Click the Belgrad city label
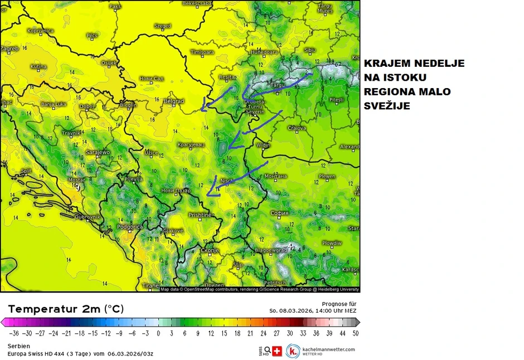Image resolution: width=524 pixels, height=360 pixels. [174, 101]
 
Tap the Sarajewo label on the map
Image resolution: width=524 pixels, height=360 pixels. [98, 152]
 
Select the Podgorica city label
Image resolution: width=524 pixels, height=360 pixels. [130, 227]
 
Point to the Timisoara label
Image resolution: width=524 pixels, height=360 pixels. [202, 52]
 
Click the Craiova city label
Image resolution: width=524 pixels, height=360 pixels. [297, 128]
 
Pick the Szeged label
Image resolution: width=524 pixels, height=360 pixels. [162, 26]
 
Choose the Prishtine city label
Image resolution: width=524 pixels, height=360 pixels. [200, 215]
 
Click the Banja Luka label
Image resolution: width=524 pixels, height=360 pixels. [54, 104]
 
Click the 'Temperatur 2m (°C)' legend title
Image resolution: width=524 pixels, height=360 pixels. [66, 309]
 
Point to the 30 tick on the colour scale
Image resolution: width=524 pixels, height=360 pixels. [289, 333]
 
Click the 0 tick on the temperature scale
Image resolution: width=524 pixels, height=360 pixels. [158, 333]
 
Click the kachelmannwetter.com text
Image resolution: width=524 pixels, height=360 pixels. [328, 349]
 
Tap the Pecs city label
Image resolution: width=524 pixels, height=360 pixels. [92, 35]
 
